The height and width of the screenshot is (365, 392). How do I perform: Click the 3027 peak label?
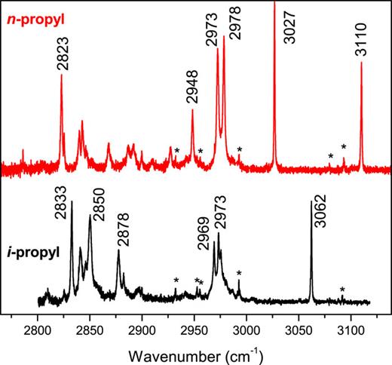coord(289,29)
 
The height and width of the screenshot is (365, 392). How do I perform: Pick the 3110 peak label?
coord(362,41)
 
